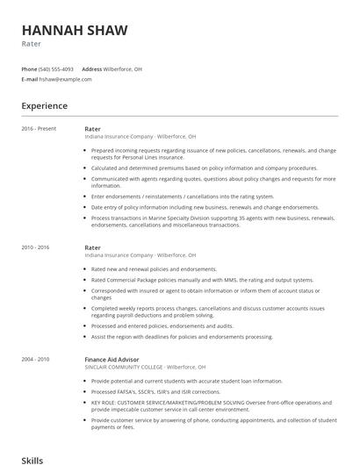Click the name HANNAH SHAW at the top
click(75, 30)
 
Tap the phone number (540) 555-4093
click(56, 68)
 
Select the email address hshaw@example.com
click(65, 79)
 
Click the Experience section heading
click(45, 106)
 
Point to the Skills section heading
click(32, 459)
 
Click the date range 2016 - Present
click(39, 129)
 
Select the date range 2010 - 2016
click(36, 247)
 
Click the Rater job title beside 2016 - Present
click(92, 129)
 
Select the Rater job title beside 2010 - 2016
click(92, 247)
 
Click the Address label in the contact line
click(91, 68)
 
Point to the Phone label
click(29, 68)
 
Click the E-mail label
click(29, 79)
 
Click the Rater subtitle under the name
click(31, 43)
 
